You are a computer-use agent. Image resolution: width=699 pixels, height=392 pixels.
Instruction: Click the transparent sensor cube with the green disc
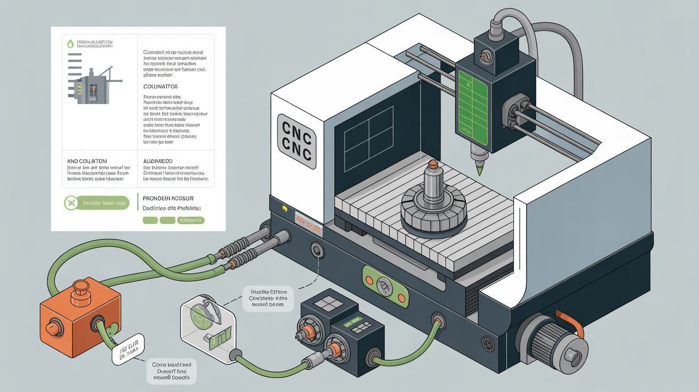pyautogui.click(x=207, y=322)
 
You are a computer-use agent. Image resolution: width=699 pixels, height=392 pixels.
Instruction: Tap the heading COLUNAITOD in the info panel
pyautogui.click(x=160, y=86)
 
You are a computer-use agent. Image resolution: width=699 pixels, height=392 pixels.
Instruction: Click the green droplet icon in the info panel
pyautogui.click(x=70, y=44)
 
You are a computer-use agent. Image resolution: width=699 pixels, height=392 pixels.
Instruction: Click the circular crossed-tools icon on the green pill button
pyautogui.click(x=70, y=202)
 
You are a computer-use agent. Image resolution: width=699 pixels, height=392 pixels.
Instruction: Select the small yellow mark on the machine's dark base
pyautogui.click(x=285, y=208)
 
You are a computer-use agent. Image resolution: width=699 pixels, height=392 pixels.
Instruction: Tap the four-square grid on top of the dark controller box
pyautogui.click(x=324, y=304)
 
